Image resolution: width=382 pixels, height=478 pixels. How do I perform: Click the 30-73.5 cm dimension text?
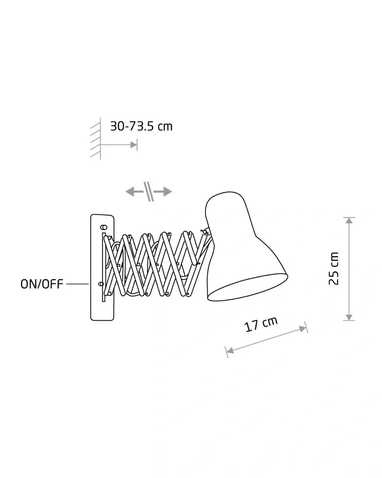[x=141, y=126]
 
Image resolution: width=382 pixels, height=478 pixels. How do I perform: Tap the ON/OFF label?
[x=42, y=284]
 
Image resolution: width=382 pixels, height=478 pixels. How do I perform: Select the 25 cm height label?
[x=334, y=269]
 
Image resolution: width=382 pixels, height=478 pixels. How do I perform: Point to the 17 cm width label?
[x=261, y=324]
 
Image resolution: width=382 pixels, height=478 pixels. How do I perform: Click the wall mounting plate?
[x=102, y=267]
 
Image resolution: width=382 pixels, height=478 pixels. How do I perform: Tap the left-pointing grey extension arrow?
[x=134, y=192]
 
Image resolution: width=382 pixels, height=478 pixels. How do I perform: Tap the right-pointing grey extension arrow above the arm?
[x=163, y=192]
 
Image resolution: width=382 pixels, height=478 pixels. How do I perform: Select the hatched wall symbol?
[x=95, y=139]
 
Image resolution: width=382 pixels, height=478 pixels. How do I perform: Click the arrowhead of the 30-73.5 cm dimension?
[x=134, y=144]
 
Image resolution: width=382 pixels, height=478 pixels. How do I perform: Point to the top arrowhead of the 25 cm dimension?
[x=349, y=220]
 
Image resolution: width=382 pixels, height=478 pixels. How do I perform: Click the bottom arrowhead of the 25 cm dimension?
[x=349, y=317]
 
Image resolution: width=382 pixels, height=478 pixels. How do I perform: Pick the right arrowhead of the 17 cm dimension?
[x=303, y=329]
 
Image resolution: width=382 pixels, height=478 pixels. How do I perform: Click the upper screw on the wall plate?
[x=104, y=227]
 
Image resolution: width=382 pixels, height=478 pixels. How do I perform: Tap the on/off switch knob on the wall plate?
[x=101, y=284]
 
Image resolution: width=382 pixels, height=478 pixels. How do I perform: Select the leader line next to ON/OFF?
[x=77, y=284]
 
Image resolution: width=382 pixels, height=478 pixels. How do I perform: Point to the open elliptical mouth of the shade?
[x=247, y=286]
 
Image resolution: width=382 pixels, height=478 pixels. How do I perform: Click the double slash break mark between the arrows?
[x=149, y=192]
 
